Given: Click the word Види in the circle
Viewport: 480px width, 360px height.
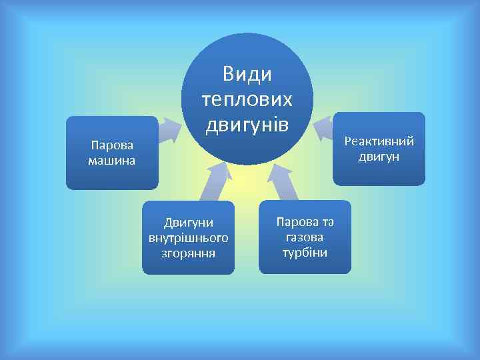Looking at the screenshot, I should tap(247, 74).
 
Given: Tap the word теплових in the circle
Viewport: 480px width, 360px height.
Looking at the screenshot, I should tap(247, 99).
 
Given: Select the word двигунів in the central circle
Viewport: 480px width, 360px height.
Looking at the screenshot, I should tap(247, 124).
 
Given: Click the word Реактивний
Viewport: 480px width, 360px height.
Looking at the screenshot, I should tap(379, 141).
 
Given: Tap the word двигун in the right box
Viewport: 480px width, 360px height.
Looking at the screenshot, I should tap(379, 157).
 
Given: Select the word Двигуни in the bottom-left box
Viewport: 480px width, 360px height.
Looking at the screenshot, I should tap(189, 222).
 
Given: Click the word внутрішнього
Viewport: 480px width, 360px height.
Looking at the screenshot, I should tap(189, 237).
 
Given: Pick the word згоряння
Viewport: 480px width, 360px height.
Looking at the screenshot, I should tap(189, 253).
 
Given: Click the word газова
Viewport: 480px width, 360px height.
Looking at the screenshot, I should tap(305, 237).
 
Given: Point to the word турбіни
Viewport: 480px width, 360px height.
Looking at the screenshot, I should tap(305, 253).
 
